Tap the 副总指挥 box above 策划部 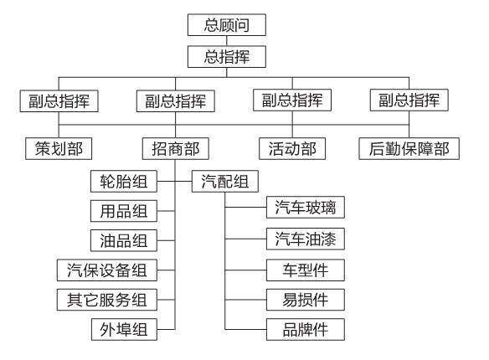pos(55,101)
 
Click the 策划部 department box pos(55,149)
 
